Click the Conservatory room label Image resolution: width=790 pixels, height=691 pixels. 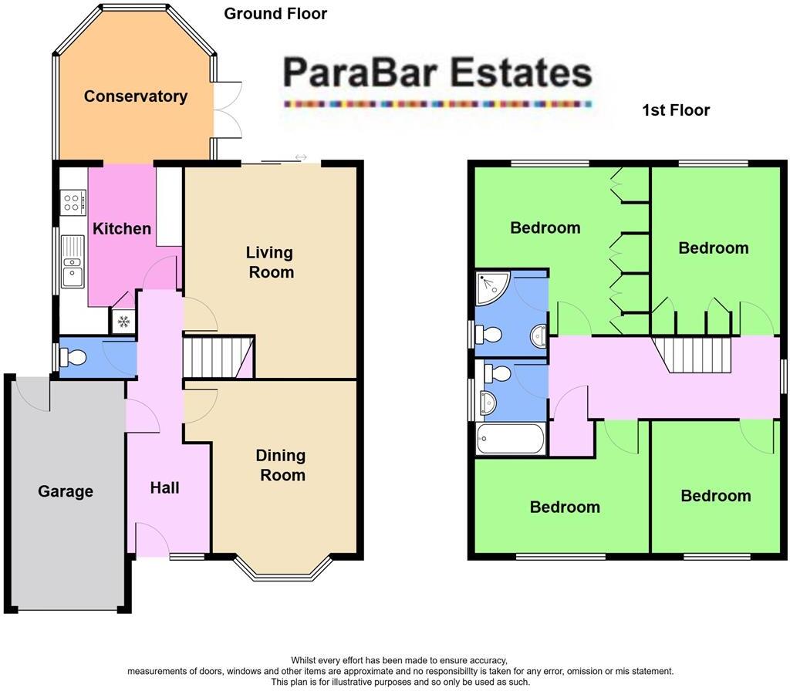136,96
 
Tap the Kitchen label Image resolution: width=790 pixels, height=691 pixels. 122,228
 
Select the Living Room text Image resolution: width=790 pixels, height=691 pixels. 270,262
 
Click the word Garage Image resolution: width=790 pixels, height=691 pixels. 66,491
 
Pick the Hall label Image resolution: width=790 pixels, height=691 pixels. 164,487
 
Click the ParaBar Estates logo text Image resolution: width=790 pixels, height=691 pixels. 437,74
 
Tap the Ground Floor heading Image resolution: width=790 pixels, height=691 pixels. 275,14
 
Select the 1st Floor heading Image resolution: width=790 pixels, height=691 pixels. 676,110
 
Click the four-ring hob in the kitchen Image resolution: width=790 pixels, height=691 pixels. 73,203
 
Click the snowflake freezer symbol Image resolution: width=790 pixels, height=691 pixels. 123,322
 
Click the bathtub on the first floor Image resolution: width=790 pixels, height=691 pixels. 510,439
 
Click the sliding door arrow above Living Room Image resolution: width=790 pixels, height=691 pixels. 300,158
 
